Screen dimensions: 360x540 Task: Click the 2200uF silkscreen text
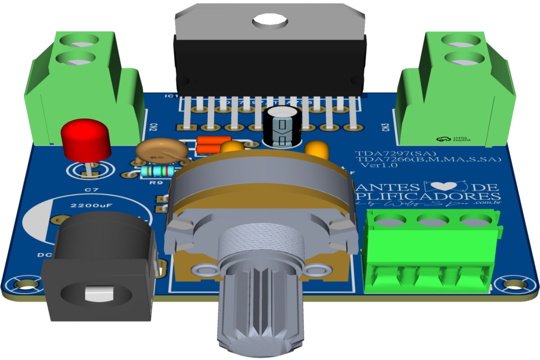87,206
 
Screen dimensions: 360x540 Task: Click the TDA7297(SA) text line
383,154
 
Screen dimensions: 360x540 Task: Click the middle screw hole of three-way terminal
430,219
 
